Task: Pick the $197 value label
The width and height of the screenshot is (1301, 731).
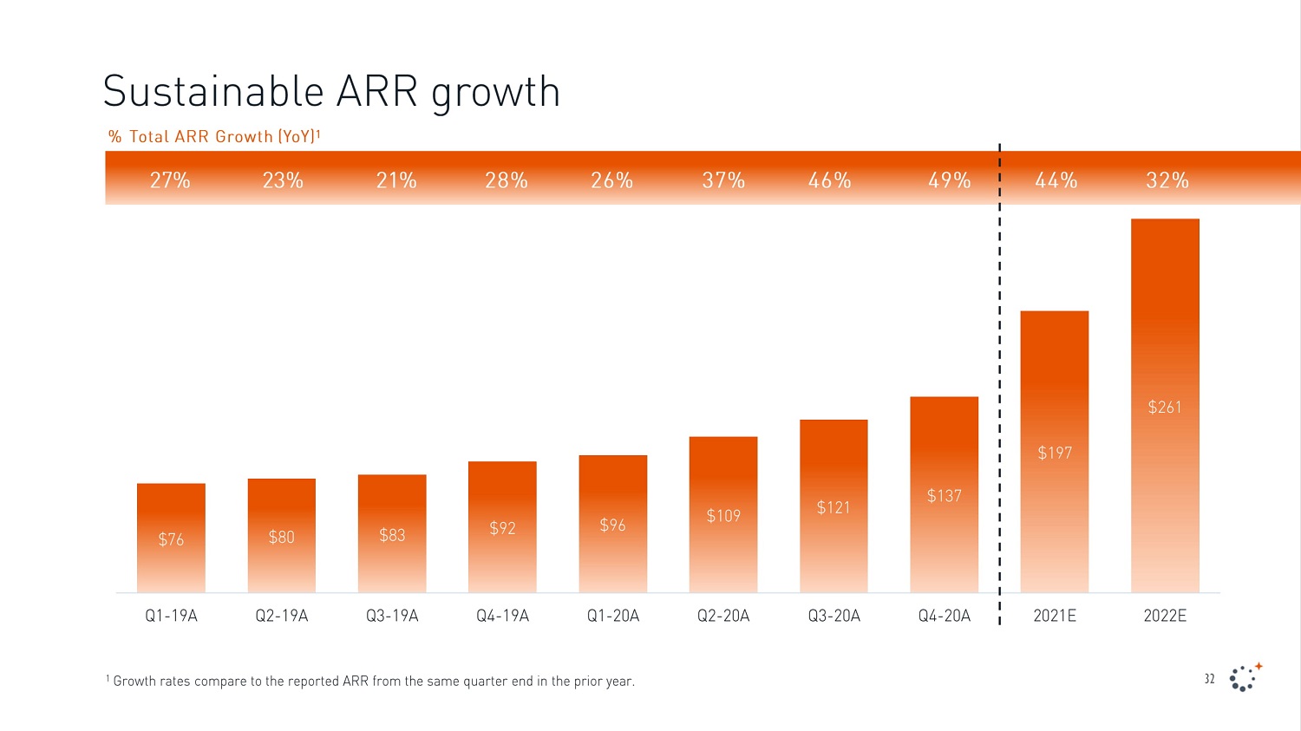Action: point(1055,453)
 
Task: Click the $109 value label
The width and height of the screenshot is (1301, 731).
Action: point(723,516)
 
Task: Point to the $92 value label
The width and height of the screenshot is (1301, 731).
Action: point(502,528)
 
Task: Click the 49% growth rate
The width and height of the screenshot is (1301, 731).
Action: point(949,180)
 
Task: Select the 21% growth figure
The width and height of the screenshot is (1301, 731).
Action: point(396,180)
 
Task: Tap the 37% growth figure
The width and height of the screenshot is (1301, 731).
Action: point(723,180)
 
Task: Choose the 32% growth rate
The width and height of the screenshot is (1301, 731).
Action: point(1167,180)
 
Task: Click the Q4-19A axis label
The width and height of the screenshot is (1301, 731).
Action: point(502,616)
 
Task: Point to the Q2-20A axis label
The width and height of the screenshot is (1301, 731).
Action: point(723,616)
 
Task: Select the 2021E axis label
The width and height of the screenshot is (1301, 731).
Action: point(1055,616)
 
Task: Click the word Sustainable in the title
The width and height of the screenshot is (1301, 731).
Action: point(213,91)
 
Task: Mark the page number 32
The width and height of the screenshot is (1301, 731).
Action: point(1209,679)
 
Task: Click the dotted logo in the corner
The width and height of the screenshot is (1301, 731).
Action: point(1245,677)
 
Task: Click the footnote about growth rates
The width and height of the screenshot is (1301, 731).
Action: point(370,682)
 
